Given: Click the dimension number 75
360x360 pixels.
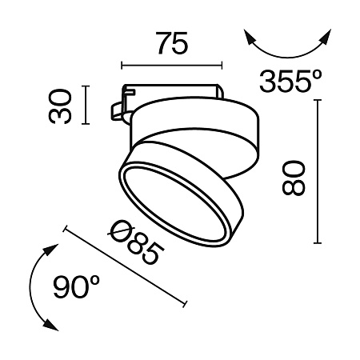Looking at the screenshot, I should pos(172,43).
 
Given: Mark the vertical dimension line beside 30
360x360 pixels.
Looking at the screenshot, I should pos(86,105).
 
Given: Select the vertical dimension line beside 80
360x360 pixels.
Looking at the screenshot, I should pos(319,172).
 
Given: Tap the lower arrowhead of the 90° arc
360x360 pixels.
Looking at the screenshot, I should pos(51,326).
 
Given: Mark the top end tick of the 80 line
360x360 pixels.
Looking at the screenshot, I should pos(319,102).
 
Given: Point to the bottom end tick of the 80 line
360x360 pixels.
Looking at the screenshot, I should pos(319,243).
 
